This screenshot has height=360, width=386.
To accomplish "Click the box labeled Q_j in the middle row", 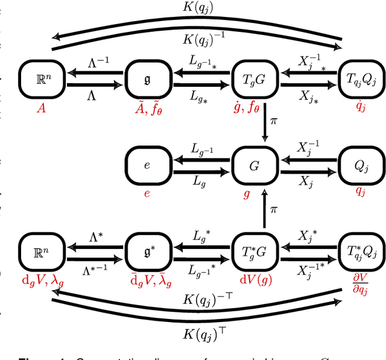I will pyautogui.click(x=360, y=164).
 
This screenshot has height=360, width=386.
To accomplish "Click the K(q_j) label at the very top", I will pyautogui.click(x=197, y=8).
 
